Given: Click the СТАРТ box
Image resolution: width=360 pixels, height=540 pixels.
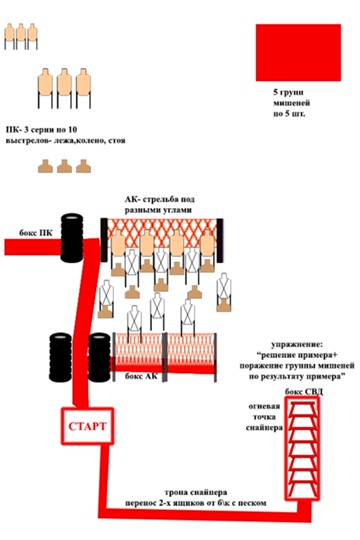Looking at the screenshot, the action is pyautogui.click(x=88, y=426).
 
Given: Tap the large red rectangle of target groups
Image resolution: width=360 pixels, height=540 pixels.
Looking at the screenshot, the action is pyautogui.click(x=298, y=53).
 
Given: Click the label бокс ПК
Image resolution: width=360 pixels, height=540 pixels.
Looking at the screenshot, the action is pyautogui.click(x=36, y=233).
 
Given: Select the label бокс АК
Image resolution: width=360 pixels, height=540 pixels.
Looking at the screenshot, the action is pyautogui.click(x=141, y=376).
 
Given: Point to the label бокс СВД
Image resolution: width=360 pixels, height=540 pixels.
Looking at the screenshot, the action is pyautogui.click(x=304, y=392).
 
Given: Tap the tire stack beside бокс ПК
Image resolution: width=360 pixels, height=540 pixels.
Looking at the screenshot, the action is pyautogui.click(x=72, y=238).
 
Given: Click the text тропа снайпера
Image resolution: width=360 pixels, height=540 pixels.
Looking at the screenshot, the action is pyautogui.click(x=195, y=492).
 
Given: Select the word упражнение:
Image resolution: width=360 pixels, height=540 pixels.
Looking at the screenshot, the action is pyautogui.click(x=297, y=345).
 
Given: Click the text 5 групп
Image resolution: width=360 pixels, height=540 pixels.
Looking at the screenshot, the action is pyautogui.click(x=288, y=92).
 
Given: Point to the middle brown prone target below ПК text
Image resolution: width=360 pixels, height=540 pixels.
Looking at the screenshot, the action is pyautogui.click(x=64, y=166).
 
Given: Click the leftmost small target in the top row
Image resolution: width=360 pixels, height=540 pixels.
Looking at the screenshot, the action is pyautogui.click(x=10, y=36).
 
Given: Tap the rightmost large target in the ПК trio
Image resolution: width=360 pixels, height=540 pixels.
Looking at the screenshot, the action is pyautogui.click(x=83, y=88).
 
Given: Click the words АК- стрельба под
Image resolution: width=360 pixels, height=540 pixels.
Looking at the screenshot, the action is pyautogui.click(x=160, y=199).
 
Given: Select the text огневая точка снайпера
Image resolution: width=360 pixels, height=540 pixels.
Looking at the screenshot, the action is pyautogui.click(x=264, y=417).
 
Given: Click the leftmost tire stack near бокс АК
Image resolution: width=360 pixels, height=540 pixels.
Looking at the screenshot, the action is pyautogui.click(x=60, y=357).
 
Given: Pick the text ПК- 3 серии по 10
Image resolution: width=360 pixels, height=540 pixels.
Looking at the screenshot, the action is pyautogui.click(x=41, y=130).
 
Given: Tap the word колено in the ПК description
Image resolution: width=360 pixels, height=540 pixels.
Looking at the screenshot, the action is pyautogui.click(x=89, y=141).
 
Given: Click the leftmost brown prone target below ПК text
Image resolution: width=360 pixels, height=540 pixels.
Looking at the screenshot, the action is pyautogui.click(x=45, y=166).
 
